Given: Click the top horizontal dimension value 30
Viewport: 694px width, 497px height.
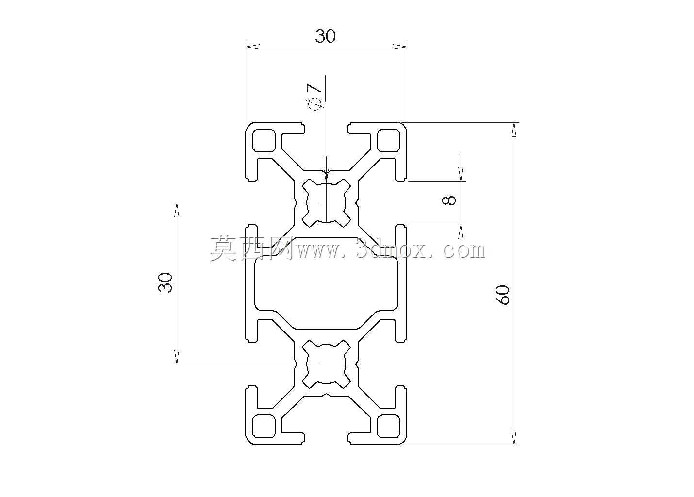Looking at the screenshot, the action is (325, 36).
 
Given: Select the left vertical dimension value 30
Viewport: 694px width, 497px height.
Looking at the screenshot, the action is (165, 282).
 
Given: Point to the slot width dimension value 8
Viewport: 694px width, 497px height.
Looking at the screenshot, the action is (449, 200).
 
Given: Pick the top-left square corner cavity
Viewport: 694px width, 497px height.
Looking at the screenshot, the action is (264, 140).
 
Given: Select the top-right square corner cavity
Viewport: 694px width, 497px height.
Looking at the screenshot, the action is (389, 140).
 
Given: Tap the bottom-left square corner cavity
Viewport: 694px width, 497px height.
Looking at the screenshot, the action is (264, 426).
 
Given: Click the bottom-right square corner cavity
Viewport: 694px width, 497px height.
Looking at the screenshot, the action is (389, 426).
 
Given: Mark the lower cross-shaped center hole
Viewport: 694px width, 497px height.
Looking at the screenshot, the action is (326, 364).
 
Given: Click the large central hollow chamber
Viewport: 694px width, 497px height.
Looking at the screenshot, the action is (326, 283).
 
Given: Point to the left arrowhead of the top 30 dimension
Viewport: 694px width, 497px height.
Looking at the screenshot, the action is (252, 47).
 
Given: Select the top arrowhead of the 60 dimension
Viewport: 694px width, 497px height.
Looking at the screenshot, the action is (514, 130).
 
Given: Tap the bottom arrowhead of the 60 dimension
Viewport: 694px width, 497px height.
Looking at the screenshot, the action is (514, 437).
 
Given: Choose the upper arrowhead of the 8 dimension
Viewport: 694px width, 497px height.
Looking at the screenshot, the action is (461, 174).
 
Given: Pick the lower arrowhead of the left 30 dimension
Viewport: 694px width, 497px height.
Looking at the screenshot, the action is (177, 357).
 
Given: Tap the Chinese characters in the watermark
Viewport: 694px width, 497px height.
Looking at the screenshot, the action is (251, 248).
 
